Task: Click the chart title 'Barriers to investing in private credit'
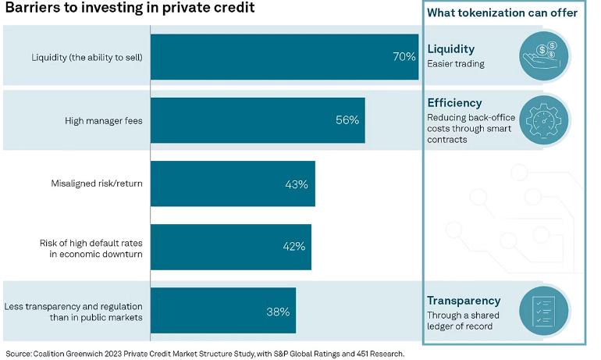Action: coord(129,9)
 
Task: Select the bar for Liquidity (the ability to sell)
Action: coord(284,57)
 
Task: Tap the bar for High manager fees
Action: coord(258,120)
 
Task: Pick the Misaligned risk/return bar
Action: coord(233,184)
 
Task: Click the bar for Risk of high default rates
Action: coord(230,248)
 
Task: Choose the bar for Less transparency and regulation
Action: coord(222,312)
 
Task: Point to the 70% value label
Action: coord(404,57)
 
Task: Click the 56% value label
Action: coord(347,120)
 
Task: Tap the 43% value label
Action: coord(297,184)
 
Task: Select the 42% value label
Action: coord(293,248)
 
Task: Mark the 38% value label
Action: coord(278,312)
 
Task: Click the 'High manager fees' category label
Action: coord(103,120)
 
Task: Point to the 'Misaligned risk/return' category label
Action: coord(96,184)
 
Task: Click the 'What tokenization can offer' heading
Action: coord(502,12)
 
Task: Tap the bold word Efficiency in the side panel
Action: coord(454,103)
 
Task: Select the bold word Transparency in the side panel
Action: coord(464,301)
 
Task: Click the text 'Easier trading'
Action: coord(456,64)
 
